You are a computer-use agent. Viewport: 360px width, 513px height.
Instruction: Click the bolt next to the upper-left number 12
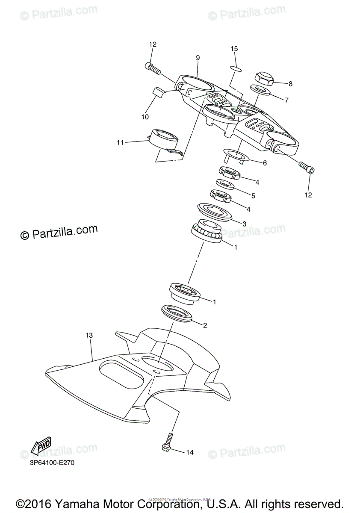(153, 68)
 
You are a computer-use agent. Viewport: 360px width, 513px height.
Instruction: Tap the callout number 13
(89, 336)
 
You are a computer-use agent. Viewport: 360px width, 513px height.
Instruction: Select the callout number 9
(198, 58)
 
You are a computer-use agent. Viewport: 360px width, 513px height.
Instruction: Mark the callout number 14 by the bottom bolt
(190, 452)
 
